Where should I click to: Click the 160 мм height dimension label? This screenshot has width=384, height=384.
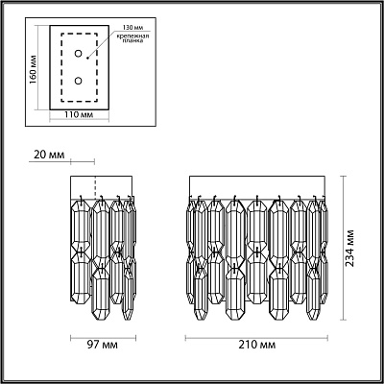click(33, 70)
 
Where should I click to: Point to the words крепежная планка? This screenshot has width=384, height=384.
click(132, 38)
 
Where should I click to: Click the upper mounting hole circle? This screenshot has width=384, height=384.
click(78, 54)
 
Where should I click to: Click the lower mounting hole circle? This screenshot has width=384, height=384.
click(78, 81)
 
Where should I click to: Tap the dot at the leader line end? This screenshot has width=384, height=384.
click(87, 59)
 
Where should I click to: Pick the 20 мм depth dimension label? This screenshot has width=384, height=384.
click(49, 155)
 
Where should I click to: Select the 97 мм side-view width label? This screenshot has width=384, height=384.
click(102, 345)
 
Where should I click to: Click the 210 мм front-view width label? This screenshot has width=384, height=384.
click(257, 345)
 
